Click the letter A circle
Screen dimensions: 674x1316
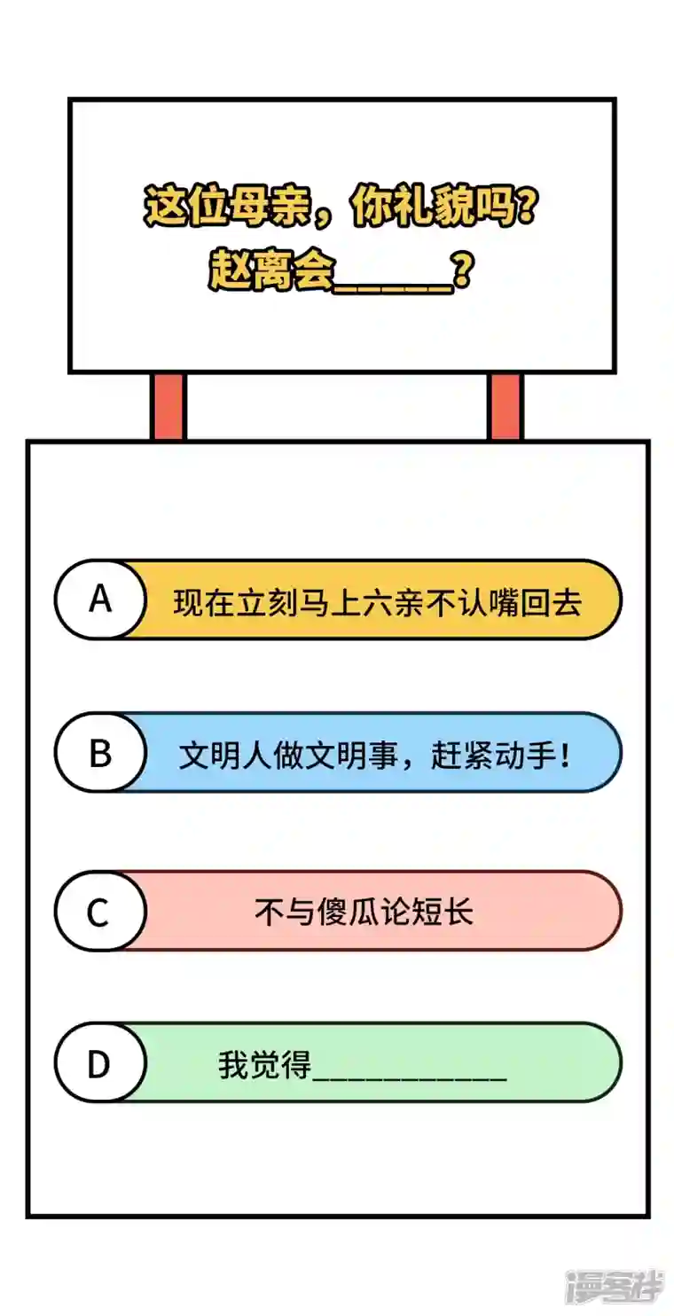coord(100,599)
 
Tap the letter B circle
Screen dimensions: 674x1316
coord(100,753)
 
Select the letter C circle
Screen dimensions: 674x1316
coord(100,912)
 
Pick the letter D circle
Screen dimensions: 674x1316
coord(100,1063)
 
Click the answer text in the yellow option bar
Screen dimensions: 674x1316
coord(377,602)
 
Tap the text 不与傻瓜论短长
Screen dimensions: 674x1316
coord(364,913)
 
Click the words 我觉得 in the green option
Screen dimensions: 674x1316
coord(264,1064)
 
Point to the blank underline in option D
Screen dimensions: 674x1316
coord(410,1079)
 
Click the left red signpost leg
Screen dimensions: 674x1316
coord(168,406)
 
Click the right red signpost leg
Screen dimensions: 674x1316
coord(505,406)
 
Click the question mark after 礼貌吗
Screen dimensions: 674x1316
coord(524,207)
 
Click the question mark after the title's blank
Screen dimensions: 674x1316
coord(463,272)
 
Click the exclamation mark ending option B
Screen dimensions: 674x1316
coord(565,755)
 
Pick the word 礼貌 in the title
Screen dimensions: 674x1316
coord(433,207)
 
